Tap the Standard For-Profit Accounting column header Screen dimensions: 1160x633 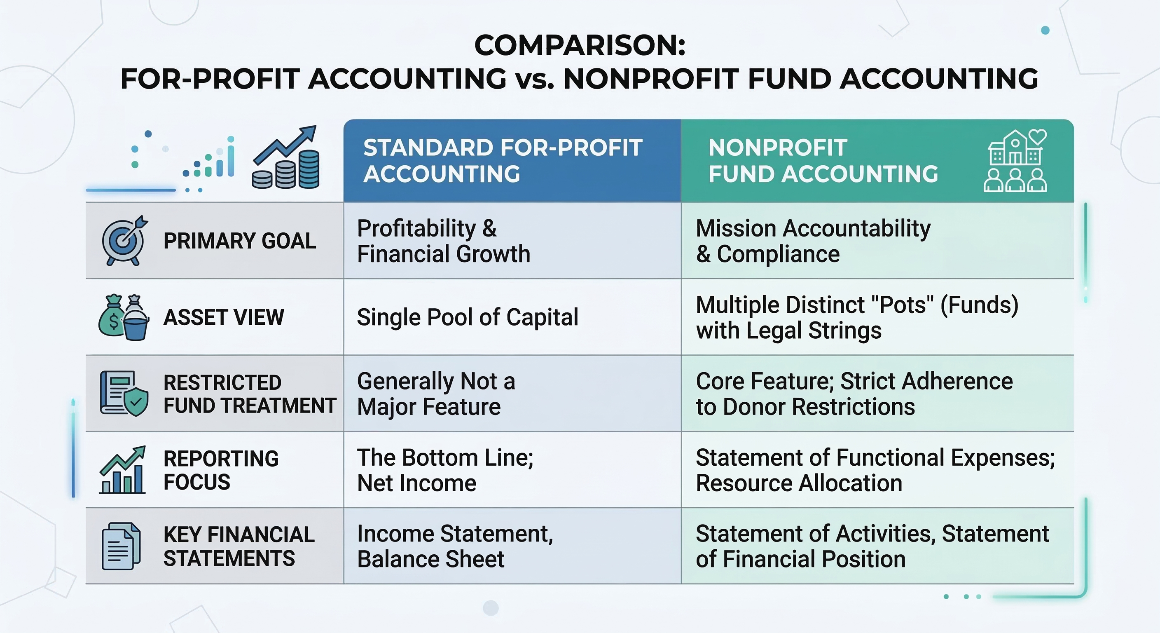[x=503, y=161]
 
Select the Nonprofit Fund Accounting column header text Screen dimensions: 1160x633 [x=823, y=161]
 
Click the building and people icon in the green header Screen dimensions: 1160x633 [x=1015, y=161]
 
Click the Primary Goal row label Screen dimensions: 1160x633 [x=240, y=241]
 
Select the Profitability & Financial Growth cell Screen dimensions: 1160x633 [x=444, y=241]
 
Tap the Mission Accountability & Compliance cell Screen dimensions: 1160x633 [x=813, y=241]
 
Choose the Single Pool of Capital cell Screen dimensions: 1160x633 [x=468, y=317]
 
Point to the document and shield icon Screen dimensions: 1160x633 [x=124, y=393]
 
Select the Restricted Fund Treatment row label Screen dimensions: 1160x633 [x=250, y=394]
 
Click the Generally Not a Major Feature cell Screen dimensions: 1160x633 [x=436, y=394]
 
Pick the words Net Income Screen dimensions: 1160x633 [x=416, y=483]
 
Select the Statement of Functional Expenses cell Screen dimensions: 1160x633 [x=875, y=470]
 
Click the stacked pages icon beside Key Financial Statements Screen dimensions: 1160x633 [x=121, y=546]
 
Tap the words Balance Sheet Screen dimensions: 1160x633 [x=430, y=559]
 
